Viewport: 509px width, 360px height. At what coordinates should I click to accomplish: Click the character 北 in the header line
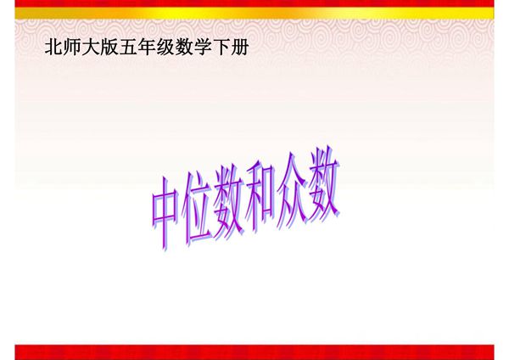tap(53, 48)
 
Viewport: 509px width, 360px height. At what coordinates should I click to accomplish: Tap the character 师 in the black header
tap(71, 48)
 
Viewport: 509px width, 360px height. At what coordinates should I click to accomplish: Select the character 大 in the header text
tap(90, 48)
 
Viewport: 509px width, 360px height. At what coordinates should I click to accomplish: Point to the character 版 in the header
tap(109, 48)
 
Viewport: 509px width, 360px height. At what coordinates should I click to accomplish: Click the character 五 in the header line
tap(127, 48)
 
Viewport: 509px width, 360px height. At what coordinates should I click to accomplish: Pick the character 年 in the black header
tap(146, 48)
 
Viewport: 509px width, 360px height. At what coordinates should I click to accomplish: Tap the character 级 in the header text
tap(165, 48)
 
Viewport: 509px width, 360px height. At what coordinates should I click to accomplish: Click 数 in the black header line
tap(183, 48)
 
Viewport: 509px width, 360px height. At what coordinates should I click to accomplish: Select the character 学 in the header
tap(202, 48)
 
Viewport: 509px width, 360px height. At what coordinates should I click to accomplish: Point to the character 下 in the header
tap(221, 48)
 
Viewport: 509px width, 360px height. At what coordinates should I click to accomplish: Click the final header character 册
tap(239, 48)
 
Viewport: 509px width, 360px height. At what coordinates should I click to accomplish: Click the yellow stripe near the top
tap(255, 14)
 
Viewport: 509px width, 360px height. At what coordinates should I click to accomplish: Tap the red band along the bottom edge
tap(255, 352)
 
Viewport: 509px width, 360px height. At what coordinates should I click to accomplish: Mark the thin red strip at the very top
tap(255, 3)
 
